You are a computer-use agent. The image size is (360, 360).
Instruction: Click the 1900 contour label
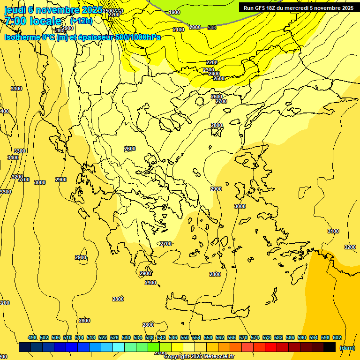click(x=174, y=12)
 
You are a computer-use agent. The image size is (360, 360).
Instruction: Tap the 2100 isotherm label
click(x=179, y=30)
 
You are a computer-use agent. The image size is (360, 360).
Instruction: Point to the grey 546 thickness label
click(x=212, y=28)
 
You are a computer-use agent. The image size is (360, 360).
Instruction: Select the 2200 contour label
click(x=212, y=62)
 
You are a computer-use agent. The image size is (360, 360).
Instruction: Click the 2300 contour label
click(x=209, y=70)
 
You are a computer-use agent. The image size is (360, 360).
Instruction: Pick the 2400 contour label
click(x=214, y=74)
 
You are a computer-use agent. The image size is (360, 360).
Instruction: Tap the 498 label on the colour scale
click(x=32, y=337)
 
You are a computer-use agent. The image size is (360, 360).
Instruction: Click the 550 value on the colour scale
click(x=185, y=337)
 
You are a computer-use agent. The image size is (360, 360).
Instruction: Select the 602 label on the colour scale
click(x=337, y=337)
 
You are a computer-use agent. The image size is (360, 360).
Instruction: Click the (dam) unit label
click(x=347, y=348)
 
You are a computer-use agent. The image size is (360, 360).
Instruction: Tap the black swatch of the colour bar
click(x=330, y=347)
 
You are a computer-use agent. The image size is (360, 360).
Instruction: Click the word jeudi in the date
click(x=15, y=10)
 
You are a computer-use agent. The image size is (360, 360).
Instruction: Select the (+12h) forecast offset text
click(x=81, y=21)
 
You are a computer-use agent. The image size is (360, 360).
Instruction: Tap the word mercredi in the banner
click(x=296, y=8)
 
